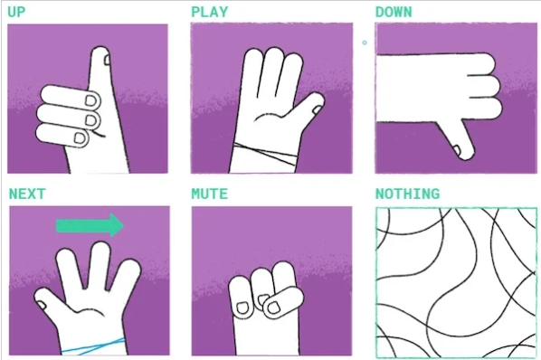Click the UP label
[16, 12]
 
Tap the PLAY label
[210, 12]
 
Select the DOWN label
[394, 12]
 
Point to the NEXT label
[27, 194]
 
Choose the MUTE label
[210, 194]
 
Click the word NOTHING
[407, 194]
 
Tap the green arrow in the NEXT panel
[90, 225]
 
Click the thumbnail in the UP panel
[108, 60]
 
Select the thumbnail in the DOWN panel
[457, 149]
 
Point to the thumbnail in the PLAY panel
[317, 109]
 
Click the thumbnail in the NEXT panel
[42, 305]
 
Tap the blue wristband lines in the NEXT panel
[93, 346]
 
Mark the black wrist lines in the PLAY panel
[265, 154]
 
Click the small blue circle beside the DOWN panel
[365, 43]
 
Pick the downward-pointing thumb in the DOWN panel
[457, 139]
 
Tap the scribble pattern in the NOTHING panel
[456, 282]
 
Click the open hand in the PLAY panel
[272, 110]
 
